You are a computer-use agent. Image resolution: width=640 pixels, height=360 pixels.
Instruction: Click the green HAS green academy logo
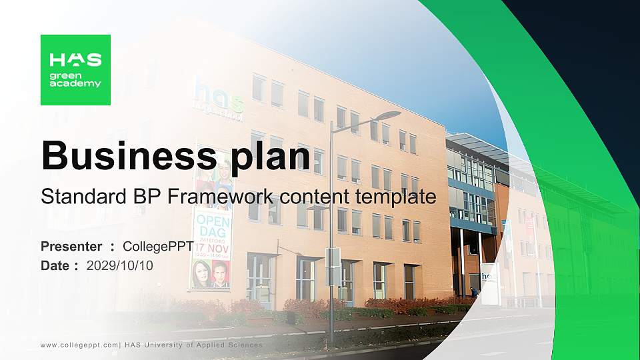click(75, 70)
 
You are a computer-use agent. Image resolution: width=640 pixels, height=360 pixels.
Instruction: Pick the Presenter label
click(71, 247)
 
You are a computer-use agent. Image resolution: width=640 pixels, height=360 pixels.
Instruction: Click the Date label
click(55, 265)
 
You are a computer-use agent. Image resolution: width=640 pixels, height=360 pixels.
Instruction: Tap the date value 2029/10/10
click(120, 265)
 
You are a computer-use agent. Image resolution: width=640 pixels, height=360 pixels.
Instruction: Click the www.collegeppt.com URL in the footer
click(79, 345)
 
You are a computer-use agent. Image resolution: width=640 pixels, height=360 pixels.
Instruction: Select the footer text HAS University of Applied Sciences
click(193, 345)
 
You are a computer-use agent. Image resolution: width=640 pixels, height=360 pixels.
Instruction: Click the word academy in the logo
click(75, 84)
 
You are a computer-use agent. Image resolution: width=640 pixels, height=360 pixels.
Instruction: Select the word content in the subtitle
click(313, 197)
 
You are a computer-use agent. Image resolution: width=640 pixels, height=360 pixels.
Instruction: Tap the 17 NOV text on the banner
click(212, 245)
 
